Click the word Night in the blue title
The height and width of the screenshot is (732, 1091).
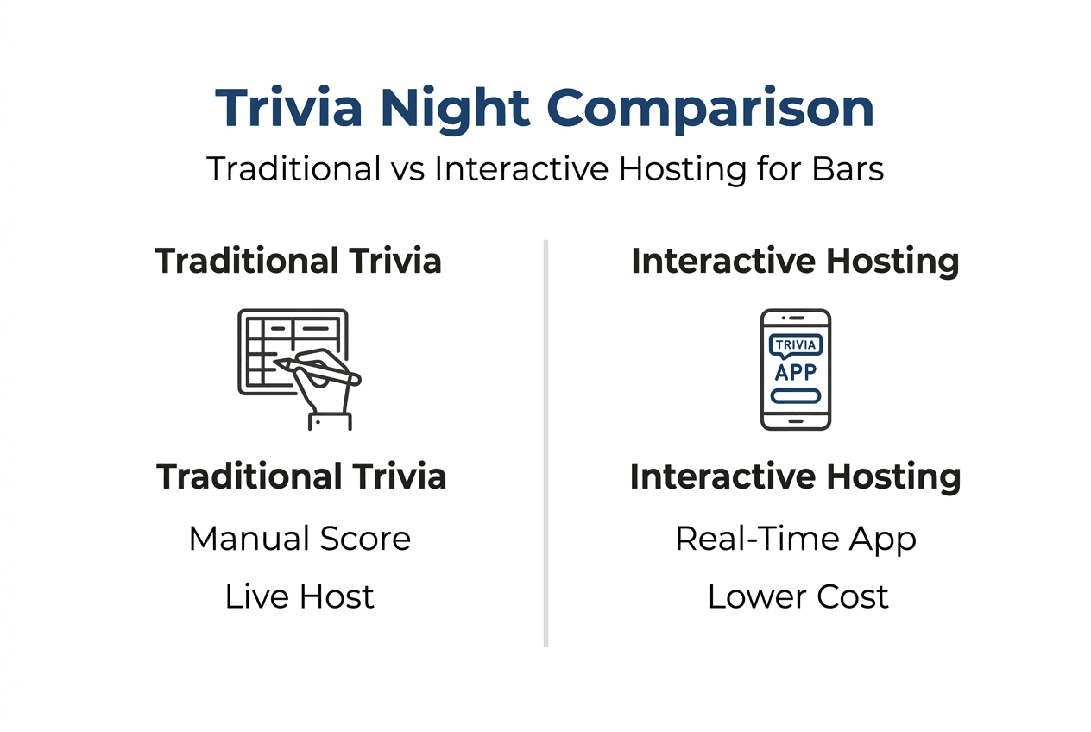tap(455, 110)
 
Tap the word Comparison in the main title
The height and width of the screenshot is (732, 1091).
tap(710, 110)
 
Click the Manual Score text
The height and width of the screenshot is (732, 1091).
tap(300, 539)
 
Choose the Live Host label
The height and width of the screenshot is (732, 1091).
tap(300, 596)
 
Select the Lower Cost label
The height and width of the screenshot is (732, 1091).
tap(798, 596)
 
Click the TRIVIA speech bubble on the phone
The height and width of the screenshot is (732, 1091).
tap(795, 345)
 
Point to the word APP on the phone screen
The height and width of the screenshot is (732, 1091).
tap(795, 373)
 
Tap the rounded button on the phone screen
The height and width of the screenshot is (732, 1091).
tap(795, 396)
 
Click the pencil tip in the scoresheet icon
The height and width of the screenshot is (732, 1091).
tap(274, 362)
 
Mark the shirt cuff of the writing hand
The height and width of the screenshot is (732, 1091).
tap(330, 421)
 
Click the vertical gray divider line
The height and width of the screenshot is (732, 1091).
tap(546, 443)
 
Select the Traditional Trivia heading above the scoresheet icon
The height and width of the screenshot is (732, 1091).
tap(298, 261)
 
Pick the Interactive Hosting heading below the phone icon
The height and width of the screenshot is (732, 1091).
tap(795, 477)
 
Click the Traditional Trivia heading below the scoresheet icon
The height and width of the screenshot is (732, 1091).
tap(301, 476)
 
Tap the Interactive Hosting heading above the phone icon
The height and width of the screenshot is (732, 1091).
tap(795, 262)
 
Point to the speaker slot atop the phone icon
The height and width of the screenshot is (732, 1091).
tap(797, 318)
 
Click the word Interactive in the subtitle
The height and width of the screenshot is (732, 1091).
tap(521, 169)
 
